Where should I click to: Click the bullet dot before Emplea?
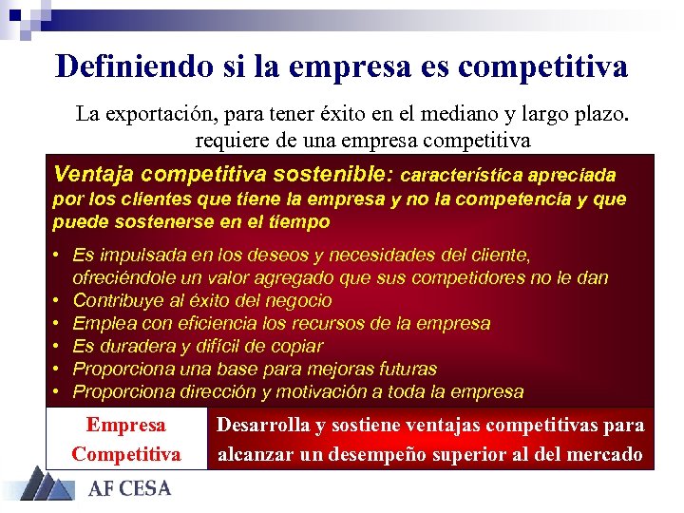pos(58,323)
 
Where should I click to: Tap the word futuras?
pos(403,369)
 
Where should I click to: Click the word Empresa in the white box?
pos(125,426)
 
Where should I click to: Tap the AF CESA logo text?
pos(129,489)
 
